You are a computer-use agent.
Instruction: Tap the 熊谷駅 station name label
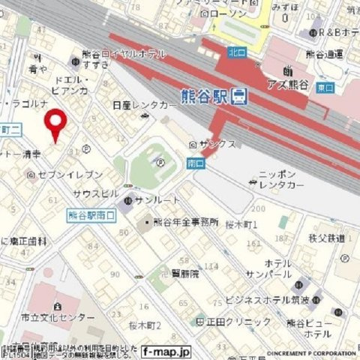204,96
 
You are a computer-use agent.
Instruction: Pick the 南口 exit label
193,162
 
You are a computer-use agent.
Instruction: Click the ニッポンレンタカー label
280,179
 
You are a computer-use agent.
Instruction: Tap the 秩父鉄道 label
326,238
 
